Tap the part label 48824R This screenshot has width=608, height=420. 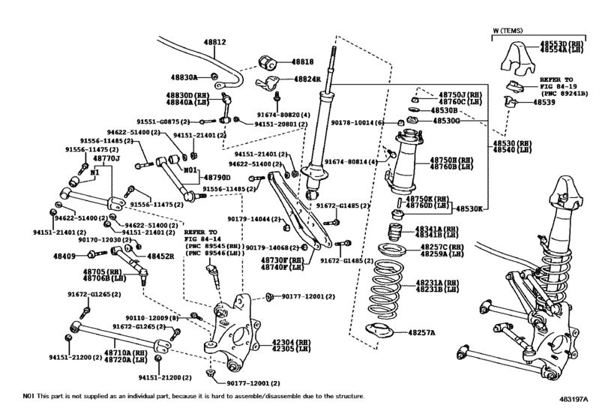(x=306, y=79)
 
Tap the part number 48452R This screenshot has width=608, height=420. (x=160, y=256)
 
